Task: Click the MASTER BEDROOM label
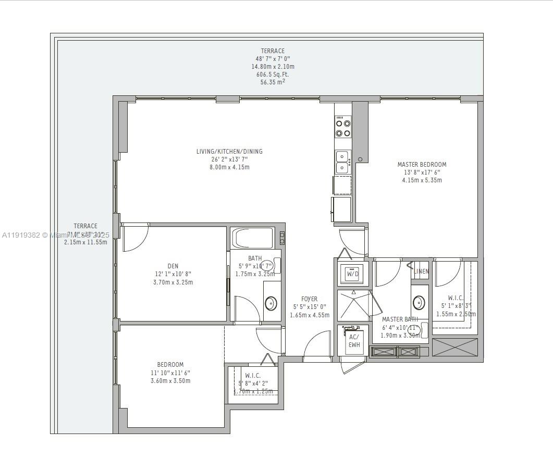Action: coord(422,164)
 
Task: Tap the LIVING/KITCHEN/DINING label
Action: coord(229,152)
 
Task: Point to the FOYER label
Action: coord(309,299)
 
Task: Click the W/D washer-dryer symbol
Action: coord(353,274)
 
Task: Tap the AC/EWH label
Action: coord(354,341)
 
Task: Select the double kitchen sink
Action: coord(342,162)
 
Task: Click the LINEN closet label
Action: coord(421,271)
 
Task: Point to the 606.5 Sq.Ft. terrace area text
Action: coord(273,75)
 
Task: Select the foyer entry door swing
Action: coord(317,345)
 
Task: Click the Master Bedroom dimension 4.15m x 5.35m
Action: coord(422,180)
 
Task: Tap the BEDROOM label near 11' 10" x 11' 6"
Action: coord(170,364)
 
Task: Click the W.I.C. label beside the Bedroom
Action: coord(253,375)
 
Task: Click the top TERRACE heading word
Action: coord(273,51)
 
